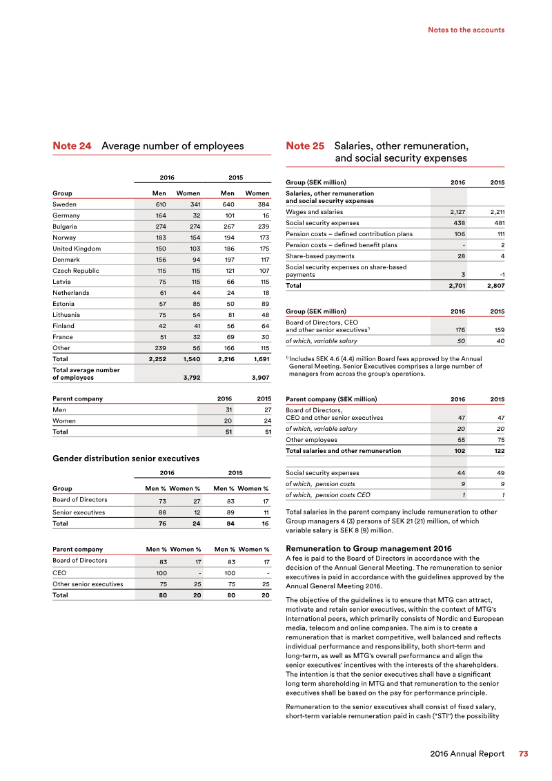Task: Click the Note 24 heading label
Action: (x=72, y=146)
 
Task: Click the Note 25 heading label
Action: (x=305, y=146)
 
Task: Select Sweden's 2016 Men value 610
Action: (x=158, y=204)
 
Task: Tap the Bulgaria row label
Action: (x=66, y=226)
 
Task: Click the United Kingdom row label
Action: (x=77, y=249)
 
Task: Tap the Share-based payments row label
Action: (x=320, y=256)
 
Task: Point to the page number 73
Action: (x=523, y=754)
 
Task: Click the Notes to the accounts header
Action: (x=466, y=30)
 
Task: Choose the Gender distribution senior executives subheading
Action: (x=126, y=459)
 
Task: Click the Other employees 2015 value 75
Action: (x=498, y=440)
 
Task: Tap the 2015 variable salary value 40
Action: (x=498, y=341)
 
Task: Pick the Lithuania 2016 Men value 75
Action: (x=159, y=315)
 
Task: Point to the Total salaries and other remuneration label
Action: (x=343, y=451)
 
